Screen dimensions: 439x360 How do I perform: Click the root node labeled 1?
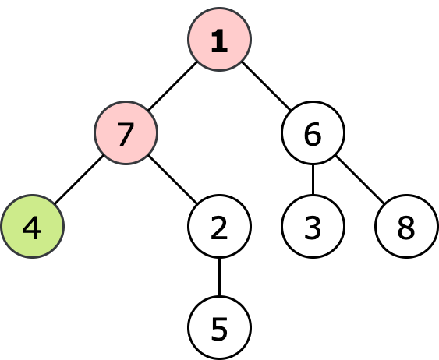point(220,40)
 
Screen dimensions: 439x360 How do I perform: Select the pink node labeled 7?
point(126,133)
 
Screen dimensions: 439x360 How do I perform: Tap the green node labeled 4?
point(33,226)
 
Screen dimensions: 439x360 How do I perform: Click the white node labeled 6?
point(313,133)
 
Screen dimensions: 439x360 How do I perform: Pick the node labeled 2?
point(220,226)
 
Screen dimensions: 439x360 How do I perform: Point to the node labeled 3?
point(313,226)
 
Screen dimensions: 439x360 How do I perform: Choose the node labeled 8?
point(406,226)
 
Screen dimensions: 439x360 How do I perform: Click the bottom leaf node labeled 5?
point(220,327)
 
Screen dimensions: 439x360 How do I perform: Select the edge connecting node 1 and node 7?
point(173,86)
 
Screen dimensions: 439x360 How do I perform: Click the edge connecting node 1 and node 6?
point(266,86)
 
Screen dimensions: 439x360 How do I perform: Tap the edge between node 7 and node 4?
point(80,179)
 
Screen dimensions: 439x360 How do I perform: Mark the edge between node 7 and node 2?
point(173,179)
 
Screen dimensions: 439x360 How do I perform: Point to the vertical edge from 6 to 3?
point(313,179)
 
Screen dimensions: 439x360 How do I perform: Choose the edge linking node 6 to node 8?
point(359,179)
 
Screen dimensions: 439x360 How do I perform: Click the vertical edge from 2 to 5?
point(220,277)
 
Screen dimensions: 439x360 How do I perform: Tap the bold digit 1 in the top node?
point(220,41)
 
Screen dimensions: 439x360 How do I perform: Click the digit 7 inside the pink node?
point(125,135)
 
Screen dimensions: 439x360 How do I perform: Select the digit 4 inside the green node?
point(32,228)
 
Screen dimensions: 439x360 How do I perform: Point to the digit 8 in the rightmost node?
point(406,228)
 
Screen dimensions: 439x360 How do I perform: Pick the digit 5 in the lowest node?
point(220,330)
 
